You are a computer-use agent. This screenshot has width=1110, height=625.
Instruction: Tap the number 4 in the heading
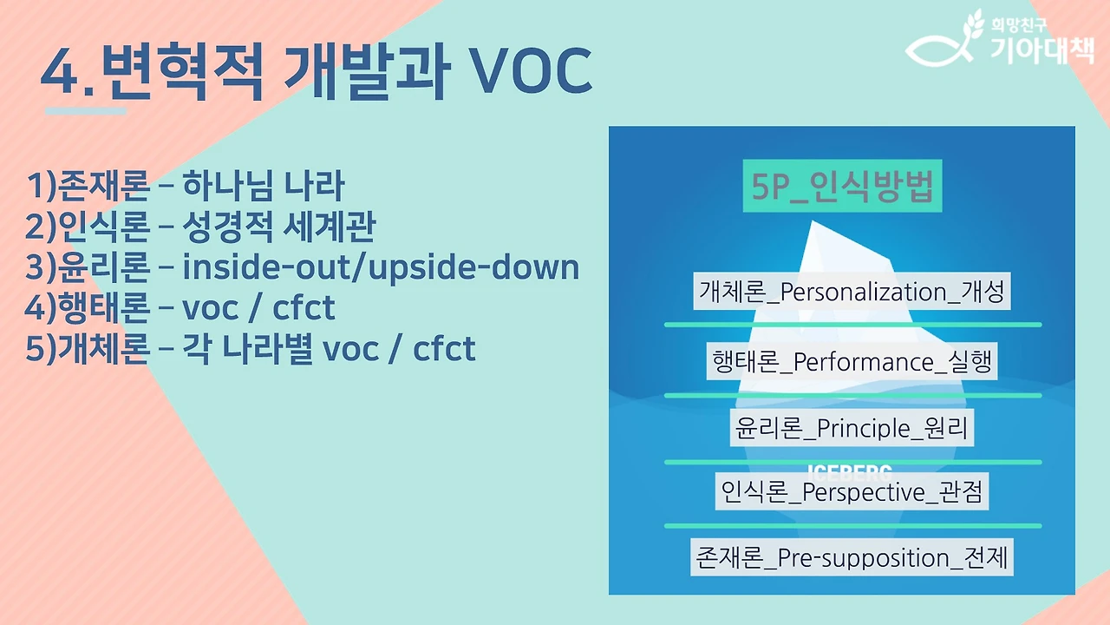pos(62,73)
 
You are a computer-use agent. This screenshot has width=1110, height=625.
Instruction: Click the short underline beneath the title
pos(86,110)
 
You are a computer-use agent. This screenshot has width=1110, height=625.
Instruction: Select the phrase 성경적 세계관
pos(279,227)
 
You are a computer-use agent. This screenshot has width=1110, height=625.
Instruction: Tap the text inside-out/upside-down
pos(381,267)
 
